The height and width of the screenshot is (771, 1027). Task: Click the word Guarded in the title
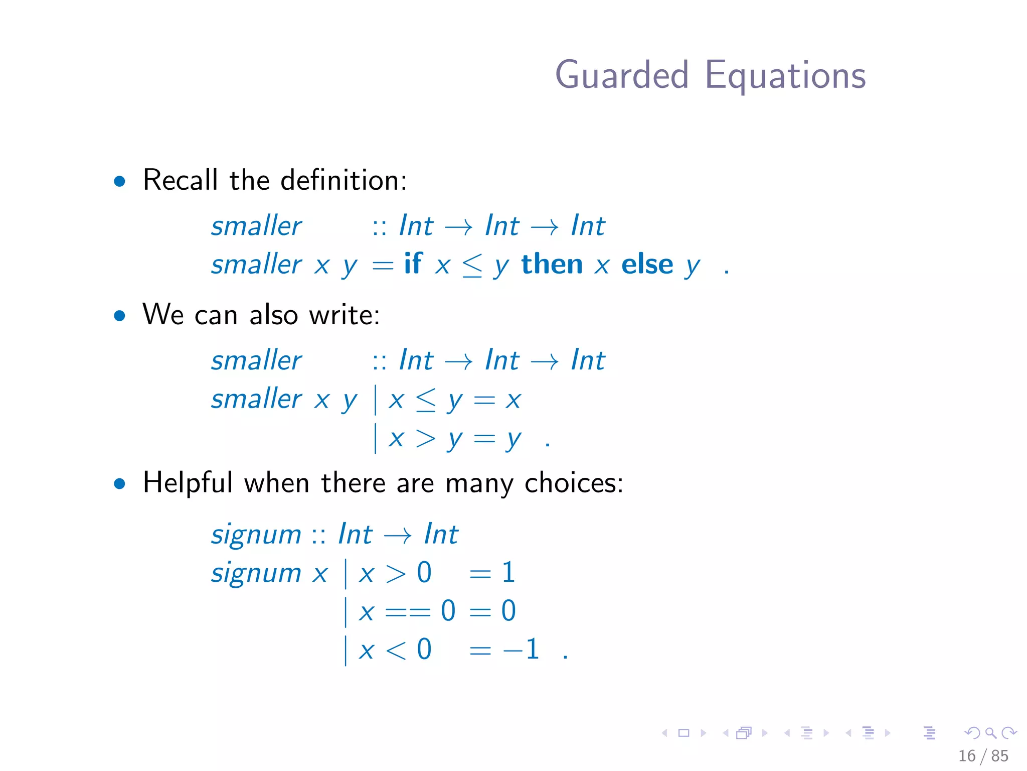[x=622, y=75]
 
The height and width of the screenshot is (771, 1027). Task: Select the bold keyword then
[x=552, y=264]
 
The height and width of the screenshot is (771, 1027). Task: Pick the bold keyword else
[x=647, y=264]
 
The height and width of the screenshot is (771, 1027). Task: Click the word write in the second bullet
[x=344, y=315]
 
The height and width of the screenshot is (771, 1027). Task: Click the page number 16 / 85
[x=983, y=755]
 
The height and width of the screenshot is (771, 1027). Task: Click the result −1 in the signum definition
[x=522, y=649]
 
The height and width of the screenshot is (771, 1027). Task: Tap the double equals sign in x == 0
[x=408, y=611]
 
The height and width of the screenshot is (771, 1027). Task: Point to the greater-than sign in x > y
[x=425, y=439]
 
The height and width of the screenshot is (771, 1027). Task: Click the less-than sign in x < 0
[x=396, y=650]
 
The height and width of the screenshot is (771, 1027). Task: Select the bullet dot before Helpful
[x=119, y=483]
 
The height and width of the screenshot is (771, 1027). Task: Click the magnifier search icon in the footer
[x=990, y=733]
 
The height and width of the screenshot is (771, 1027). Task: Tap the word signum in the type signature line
[x=256, y=534]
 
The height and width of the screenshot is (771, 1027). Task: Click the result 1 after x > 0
[x=508, y=572]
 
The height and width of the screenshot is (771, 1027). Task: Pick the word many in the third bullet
[x=479, y=484]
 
